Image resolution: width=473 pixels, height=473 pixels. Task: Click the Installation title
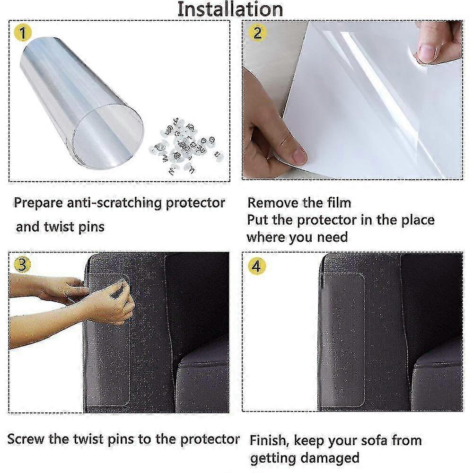coord(230,9)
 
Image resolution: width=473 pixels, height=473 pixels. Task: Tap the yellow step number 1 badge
coord(23,33)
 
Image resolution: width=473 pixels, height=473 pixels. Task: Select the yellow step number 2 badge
coord(257,33)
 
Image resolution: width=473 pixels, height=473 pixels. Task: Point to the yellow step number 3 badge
coord(23,264)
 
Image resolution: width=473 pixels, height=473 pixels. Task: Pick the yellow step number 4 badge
coord(256,266)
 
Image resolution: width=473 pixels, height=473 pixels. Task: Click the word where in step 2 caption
coord(265,237)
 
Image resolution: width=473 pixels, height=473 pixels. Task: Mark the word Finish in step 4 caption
coord(270,440)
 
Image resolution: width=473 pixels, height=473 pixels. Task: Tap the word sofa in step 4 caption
coord(374,440)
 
